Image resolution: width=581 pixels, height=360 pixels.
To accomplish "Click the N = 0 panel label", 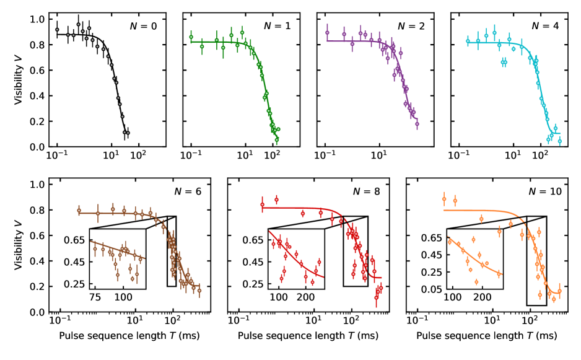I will click(x=143, y=26).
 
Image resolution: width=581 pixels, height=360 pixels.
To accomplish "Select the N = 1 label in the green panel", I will click(x=277, y=26).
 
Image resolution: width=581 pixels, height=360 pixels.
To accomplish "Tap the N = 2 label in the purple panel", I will click(x=411, y=26).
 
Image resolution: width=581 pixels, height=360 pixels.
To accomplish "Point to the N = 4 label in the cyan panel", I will click(x=545, y=26).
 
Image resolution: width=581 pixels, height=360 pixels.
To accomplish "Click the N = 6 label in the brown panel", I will click(x=190, y=191).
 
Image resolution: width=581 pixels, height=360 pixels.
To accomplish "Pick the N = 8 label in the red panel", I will click(x=367, y=191).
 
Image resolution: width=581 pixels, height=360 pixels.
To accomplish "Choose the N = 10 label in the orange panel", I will click(x=543, y=191).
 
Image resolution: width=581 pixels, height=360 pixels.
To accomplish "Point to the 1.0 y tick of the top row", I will click(x=37, y=20).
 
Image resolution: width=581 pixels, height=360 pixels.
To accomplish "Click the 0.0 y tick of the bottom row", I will click(x=37, y=312).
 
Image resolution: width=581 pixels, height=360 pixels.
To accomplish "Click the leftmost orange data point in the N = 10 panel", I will click(x=443, y=199).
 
